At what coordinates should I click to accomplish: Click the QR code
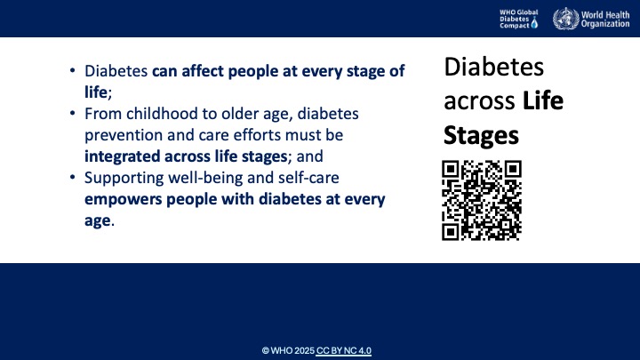(x=481, y=202)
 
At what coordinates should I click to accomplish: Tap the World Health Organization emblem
(x=564, y=19)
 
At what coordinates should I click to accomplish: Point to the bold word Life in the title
(x=543, y=102)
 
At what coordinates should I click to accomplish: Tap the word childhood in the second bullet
(x=152, y=114)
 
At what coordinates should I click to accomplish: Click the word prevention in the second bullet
(x=122, y=135)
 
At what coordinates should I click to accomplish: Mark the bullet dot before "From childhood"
(x=72, y=115)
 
